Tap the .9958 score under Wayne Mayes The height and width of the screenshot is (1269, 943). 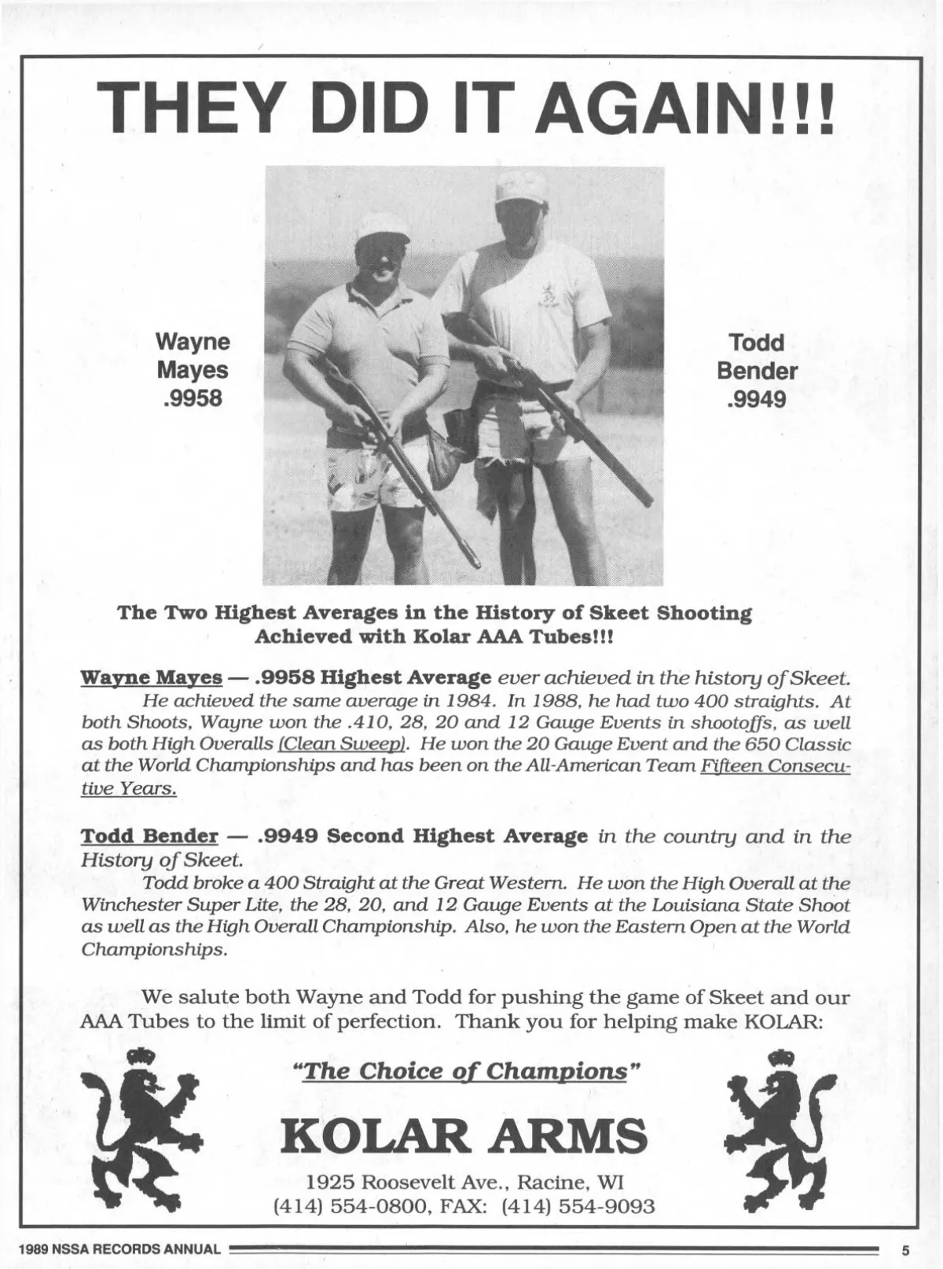click(x=192, y=398)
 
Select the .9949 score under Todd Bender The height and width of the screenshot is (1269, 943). click(x=756, y=400)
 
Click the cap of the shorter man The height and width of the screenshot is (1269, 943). click(x=382, y=226)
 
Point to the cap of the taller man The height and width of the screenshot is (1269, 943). click(x=521, y=186)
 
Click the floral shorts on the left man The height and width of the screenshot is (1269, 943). click(x=369, y=479)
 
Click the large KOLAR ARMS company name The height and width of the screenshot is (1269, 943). click(x=464, y=1135)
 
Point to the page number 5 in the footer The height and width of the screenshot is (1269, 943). click(x=904, y=1249)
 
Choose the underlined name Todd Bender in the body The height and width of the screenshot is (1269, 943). click(x=149, y=835)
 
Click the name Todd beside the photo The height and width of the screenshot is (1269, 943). click(x=756, y=343)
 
